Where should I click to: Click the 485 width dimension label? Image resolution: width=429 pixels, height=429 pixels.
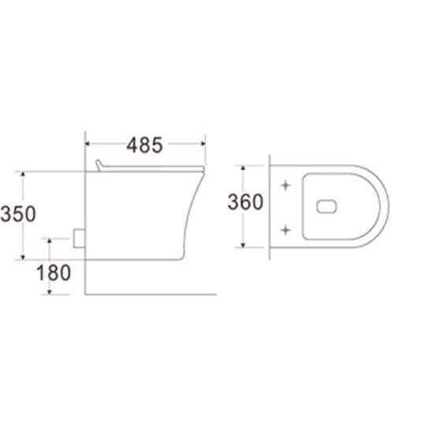(x=144, y=145)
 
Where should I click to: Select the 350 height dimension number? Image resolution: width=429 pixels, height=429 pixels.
(x=18, y=214)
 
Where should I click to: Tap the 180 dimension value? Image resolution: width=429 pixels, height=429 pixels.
(x=54, y=273)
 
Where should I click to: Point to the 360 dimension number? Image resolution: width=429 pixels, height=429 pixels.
(x=245, y=202)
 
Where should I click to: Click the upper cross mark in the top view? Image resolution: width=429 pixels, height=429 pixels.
(x=285, y=185)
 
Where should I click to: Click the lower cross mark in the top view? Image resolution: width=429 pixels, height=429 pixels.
(x=285, y=230)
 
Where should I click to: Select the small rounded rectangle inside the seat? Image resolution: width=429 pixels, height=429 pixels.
(x=326, y=207)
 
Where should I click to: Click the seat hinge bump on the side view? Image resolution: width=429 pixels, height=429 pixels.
(x=99, y=165)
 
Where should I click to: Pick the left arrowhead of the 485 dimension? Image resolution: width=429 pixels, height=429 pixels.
(x=88, y=144)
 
